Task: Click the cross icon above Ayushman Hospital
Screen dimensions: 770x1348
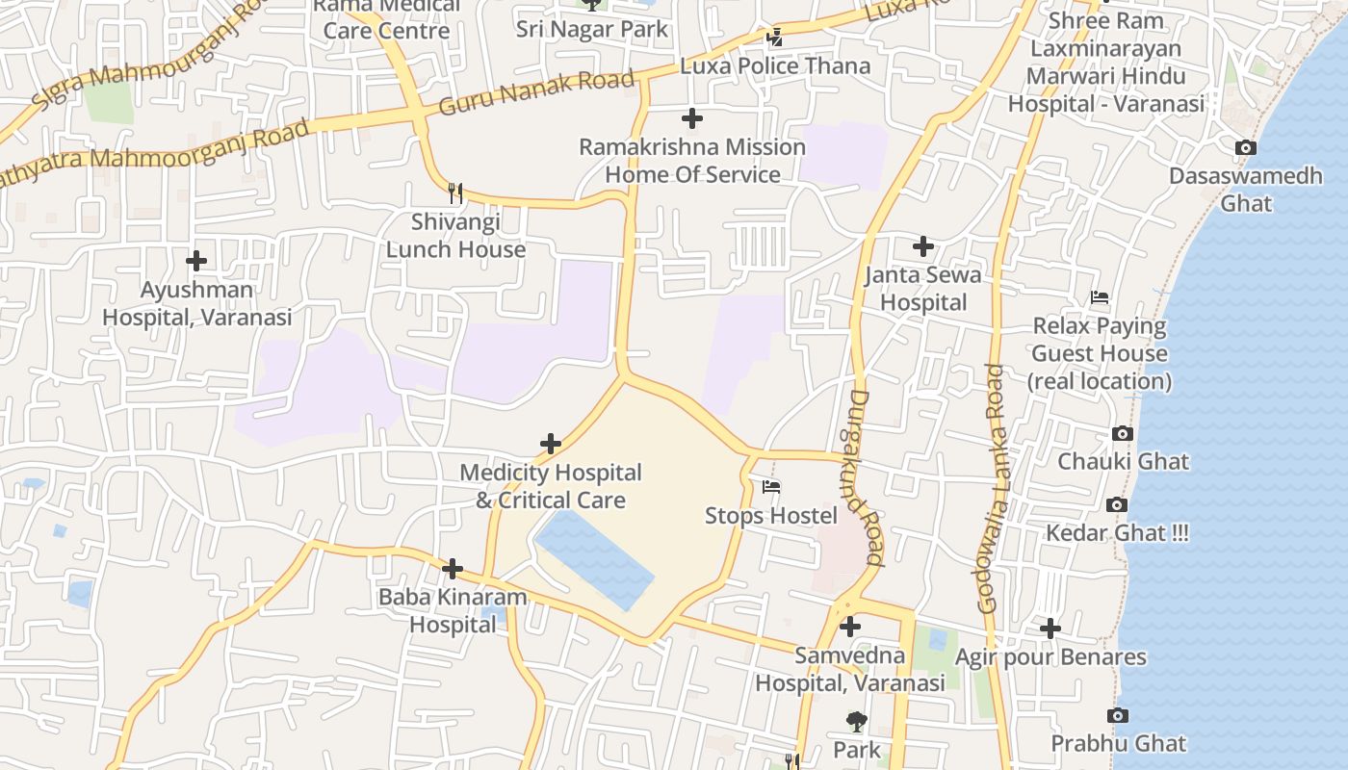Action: (196, 261)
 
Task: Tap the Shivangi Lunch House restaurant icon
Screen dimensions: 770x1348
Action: (455, 193)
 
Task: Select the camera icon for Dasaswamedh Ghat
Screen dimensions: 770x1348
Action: (1246, 148)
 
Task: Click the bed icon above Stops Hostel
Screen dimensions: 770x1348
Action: (771, 487)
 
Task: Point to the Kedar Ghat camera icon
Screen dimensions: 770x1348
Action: (1117, 505)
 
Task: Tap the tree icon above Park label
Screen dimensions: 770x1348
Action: (855, 722)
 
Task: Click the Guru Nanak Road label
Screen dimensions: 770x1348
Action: (536, 92)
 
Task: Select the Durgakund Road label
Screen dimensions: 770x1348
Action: (867, 476)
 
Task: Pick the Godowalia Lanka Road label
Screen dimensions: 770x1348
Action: (991, 489)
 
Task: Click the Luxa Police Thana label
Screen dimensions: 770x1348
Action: (775, 66)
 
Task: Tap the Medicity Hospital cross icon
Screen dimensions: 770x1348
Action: (551, 444)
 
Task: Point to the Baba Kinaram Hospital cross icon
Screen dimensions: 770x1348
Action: (453, 569)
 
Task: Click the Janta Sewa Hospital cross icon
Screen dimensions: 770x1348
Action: (923, 246)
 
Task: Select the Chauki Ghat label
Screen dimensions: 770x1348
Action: (1124, 461)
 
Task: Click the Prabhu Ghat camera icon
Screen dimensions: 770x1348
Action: (1118, 716)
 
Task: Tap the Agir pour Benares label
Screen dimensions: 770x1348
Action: (1050, 657)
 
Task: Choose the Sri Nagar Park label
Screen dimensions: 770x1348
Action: (592, 29)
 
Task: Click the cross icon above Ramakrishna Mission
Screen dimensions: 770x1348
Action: (692, 118)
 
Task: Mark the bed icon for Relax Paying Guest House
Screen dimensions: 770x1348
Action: (1100, 298)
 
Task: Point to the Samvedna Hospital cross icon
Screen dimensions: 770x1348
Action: (850, 628)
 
